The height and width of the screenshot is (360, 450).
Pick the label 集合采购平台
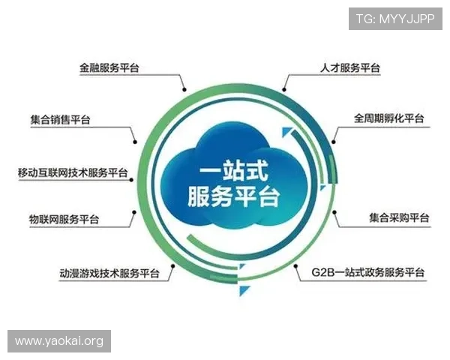(400, 218)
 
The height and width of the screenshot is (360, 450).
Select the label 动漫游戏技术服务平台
(109, 273)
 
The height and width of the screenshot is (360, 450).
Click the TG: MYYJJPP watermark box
(395, 18)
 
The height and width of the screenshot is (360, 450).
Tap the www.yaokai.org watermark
(59, 342)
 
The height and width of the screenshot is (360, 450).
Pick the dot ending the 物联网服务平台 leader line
(135, 212)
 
